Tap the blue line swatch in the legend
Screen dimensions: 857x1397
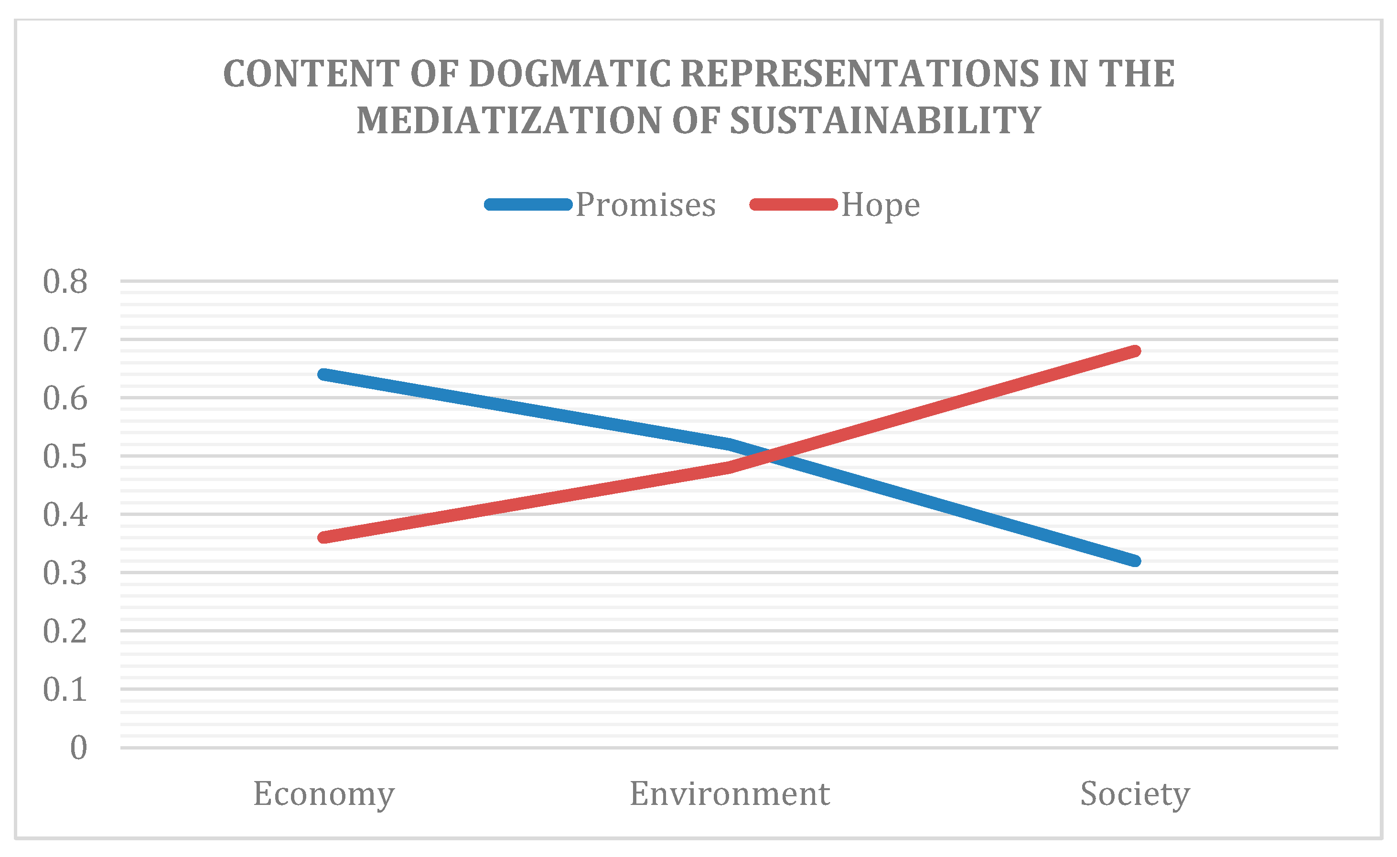point(528,204)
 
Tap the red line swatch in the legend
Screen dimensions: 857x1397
point(793,204)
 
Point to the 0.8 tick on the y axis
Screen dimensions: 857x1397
point(65,282)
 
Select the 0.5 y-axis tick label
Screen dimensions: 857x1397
point(65,457)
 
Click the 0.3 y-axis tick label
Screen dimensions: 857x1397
point(65,574)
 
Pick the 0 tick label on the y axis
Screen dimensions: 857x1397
point(78,748)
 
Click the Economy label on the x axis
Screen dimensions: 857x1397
point(324,794)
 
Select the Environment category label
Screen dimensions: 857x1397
point(729,794)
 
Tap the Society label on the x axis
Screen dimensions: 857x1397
point(1135,794)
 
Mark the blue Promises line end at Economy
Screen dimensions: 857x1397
point(324,375)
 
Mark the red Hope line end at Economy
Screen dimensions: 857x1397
point(324,537)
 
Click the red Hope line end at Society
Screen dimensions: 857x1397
point(1135,351)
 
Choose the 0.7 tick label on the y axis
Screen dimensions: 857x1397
point(65,340)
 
